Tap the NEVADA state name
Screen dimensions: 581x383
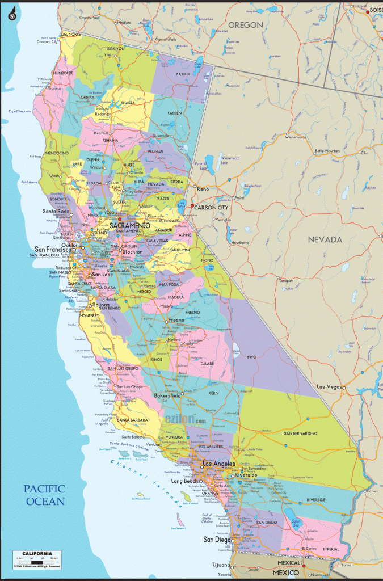325,240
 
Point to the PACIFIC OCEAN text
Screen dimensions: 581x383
44,495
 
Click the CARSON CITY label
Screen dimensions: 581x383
212,208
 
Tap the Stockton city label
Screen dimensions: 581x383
132,251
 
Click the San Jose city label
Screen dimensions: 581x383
104,275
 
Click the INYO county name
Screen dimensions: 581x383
251,357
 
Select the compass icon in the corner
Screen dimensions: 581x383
11,16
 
